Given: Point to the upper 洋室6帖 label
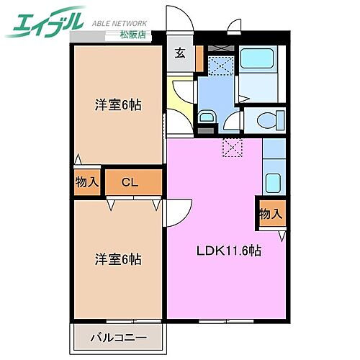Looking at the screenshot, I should pos(117,105).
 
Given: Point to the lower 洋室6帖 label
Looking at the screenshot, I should pos(117,258).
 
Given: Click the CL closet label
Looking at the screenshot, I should pos(130,182).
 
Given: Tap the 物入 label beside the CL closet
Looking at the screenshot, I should pos(87,182).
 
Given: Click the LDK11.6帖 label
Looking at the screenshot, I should pos(229,251).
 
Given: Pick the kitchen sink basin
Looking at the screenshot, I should pos(273,182).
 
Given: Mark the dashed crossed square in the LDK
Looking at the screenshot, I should pos(233,149).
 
